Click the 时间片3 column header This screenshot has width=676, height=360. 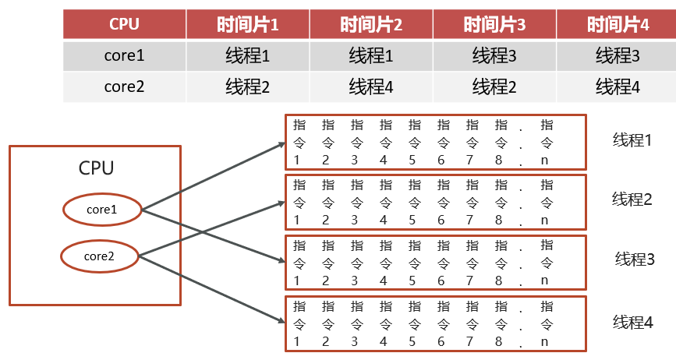pos(494,25)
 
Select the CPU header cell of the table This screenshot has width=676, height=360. pos(124,24)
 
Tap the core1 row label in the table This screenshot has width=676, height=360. pos(124,56)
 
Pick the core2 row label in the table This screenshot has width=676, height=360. pos(124,86)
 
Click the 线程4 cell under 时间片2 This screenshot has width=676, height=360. pos(371,86)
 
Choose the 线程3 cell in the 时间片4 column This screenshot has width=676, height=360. pos(618,56)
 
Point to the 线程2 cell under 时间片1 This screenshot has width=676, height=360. pos(248,86)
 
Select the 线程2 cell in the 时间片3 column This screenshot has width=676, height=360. pos(494,86)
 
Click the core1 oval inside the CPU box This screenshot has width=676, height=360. pos(101,209)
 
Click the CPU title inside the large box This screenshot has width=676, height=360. pos(96,168)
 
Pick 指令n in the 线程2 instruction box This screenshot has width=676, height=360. pos(547,203)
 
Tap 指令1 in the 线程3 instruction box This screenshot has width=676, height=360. pos(297,263)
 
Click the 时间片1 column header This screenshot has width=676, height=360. pos(248,25)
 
